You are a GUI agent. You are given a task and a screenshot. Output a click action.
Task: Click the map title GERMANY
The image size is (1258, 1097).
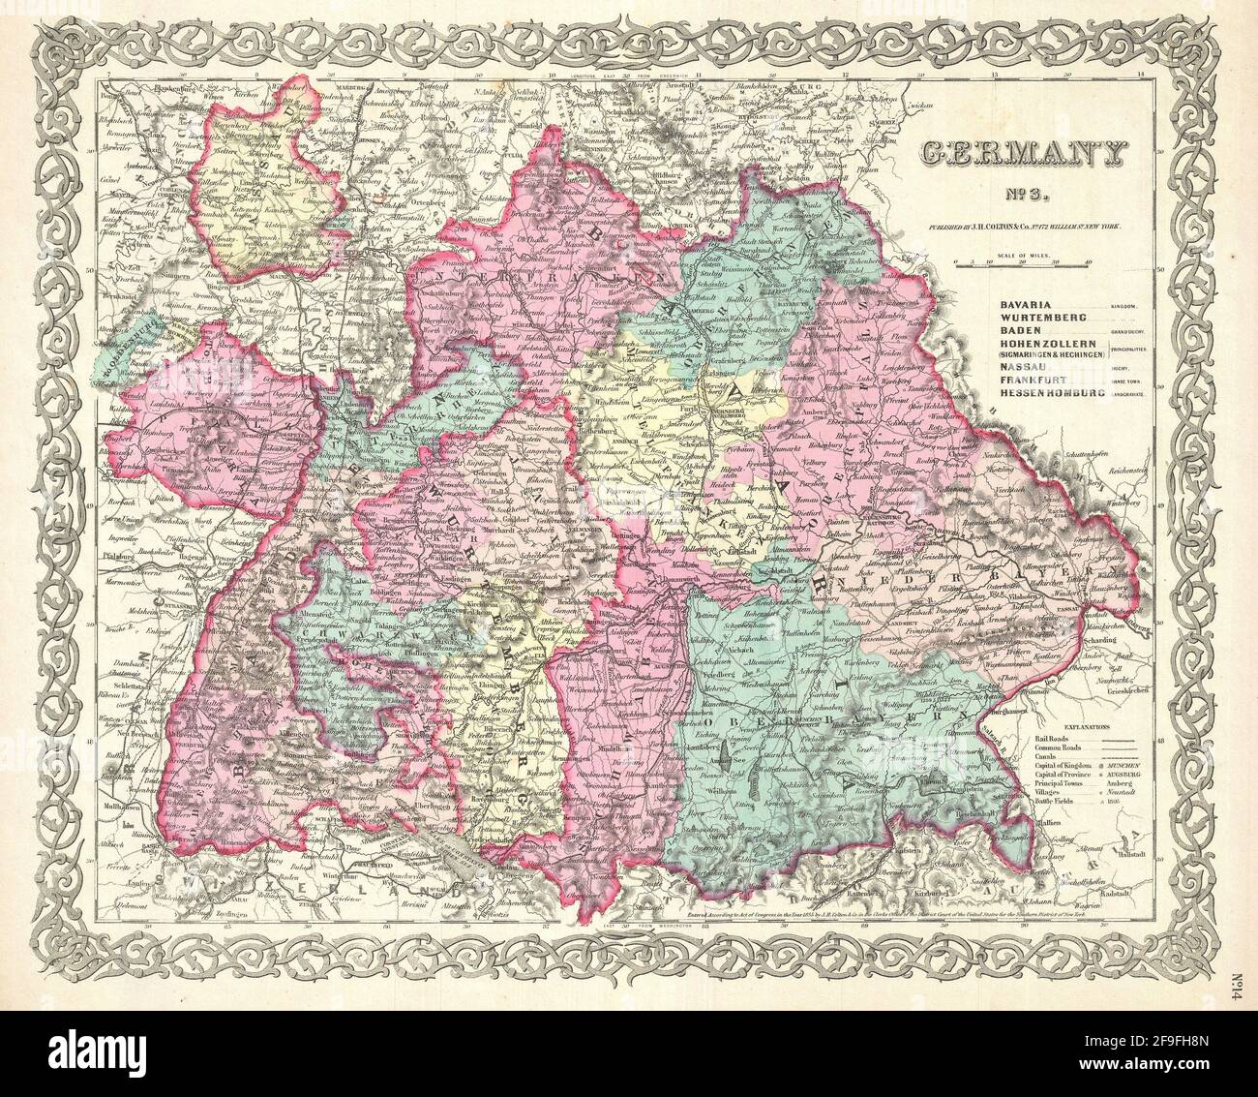pyautogui.click(x=1020, y=153)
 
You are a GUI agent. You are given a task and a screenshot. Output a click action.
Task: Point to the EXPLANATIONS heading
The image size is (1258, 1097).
pyautogui.click(x=1087, y=725)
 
